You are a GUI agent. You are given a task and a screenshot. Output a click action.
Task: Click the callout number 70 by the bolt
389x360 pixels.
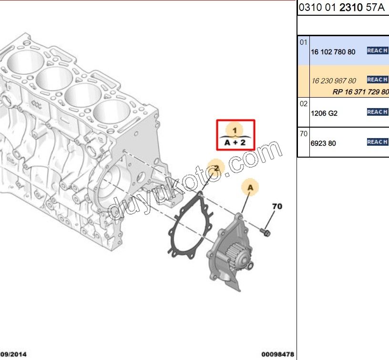click(277, 206)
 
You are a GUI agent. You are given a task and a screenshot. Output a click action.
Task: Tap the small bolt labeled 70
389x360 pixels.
click(265, 232)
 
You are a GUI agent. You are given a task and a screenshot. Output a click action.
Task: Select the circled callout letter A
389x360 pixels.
click(250, 187)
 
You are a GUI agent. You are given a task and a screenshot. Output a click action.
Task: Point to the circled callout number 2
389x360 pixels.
click(216, 168)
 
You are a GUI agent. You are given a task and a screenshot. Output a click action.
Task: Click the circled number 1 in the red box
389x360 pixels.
click(235, 130)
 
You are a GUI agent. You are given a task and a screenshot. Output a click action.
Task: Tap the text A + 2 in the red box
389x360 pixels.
click(235, 142)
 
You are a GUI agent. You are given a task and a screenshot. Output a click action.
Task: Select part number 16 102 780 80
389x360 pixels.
click(333, 52)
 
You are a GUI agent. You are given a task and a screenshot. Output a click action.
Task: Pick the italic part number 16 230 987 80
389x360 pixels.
click(334, 81)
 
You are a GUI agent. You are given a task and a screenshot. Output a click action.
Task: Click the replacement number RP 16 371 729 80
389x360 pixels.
click(361, 92)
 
